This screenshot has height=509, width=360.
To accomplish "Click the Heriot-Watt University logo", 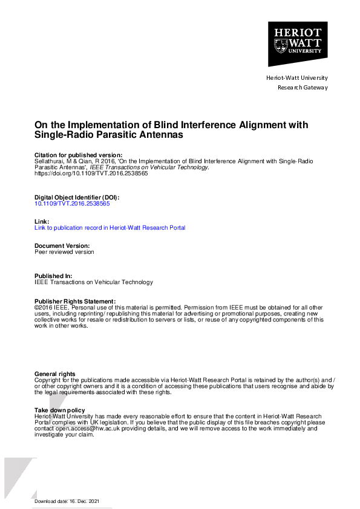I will point(298,44).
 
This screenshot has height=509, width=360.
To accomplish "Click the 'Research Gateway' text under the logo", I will point(303,87).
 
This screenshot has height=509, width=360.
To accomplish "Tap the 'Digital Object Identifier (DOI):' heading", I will point(77,198).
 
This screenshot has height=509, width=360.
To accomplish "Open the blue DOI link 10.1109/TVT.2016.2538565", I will point(73,204).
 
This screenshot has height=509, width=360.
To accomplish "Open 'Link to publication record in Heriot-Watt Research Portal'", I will point(110,228).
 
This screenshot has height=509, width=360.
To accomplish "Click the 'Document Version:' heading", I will point(62,246).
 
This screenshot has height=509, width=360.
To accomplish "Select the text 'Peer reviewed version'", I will point(65,252).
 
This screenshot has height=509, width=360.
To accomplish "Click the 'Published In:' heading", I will point(53,276).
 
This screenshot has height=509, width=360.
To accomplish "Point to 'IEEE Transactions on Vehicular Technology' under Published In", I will point(94,282).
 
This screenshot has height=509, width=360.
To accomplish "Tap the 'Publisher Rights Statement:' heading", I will point(75,301).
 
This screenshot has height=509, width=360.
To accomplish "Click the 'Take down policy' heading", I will point(59,410).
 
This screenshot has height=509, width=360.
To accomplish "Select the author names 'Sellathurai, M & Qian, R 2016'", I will point(71,161).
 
